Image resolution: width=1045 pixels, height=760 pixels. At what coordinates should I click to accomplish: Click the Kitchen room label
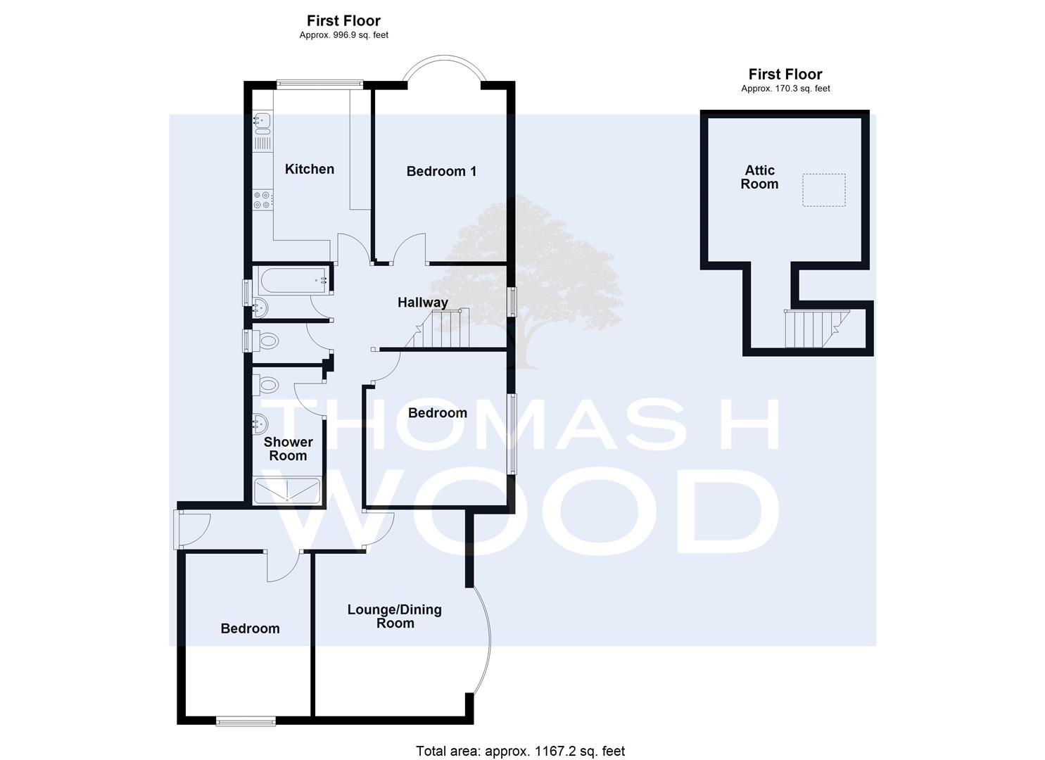310,169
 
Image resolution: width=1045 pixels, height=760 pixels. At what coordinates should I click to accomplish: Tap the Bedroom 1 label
441,171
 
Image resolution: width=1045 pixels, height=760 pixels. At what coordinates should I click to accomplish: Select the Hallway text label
423,303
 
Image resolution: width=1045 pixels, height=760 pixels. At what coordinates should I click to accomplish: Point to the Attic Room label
759,177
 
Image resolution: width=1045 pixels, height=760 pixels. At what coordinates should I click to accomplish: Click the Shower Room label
289,448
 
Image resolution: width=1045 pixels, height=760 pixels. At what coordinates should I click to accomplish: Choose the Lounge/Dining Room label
395,616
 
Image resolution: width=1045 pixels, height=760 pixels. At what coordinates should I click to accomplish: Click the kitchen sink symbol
262,123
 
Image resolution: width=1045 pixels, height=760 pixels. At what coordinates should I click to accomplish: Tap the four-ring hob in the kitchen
262,200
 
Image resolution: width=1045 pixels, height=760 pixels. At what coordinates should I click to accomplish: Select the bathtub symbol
293,280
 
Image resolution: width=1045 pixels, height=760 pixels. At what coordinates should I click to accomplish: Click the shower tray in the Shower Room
287,490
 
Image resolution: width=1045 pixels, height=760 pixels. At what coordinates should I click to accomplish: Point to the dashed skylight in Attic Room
824,190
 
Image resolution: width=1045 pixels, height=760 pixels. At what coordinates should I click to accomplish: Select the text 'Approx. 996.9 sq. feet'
344,35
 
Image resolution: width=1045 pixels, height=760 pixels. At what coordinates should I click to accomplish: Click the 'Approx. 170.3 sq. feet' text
785,89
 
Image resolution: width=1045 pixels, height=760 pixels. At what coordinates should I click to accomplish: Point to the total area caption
520,738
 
